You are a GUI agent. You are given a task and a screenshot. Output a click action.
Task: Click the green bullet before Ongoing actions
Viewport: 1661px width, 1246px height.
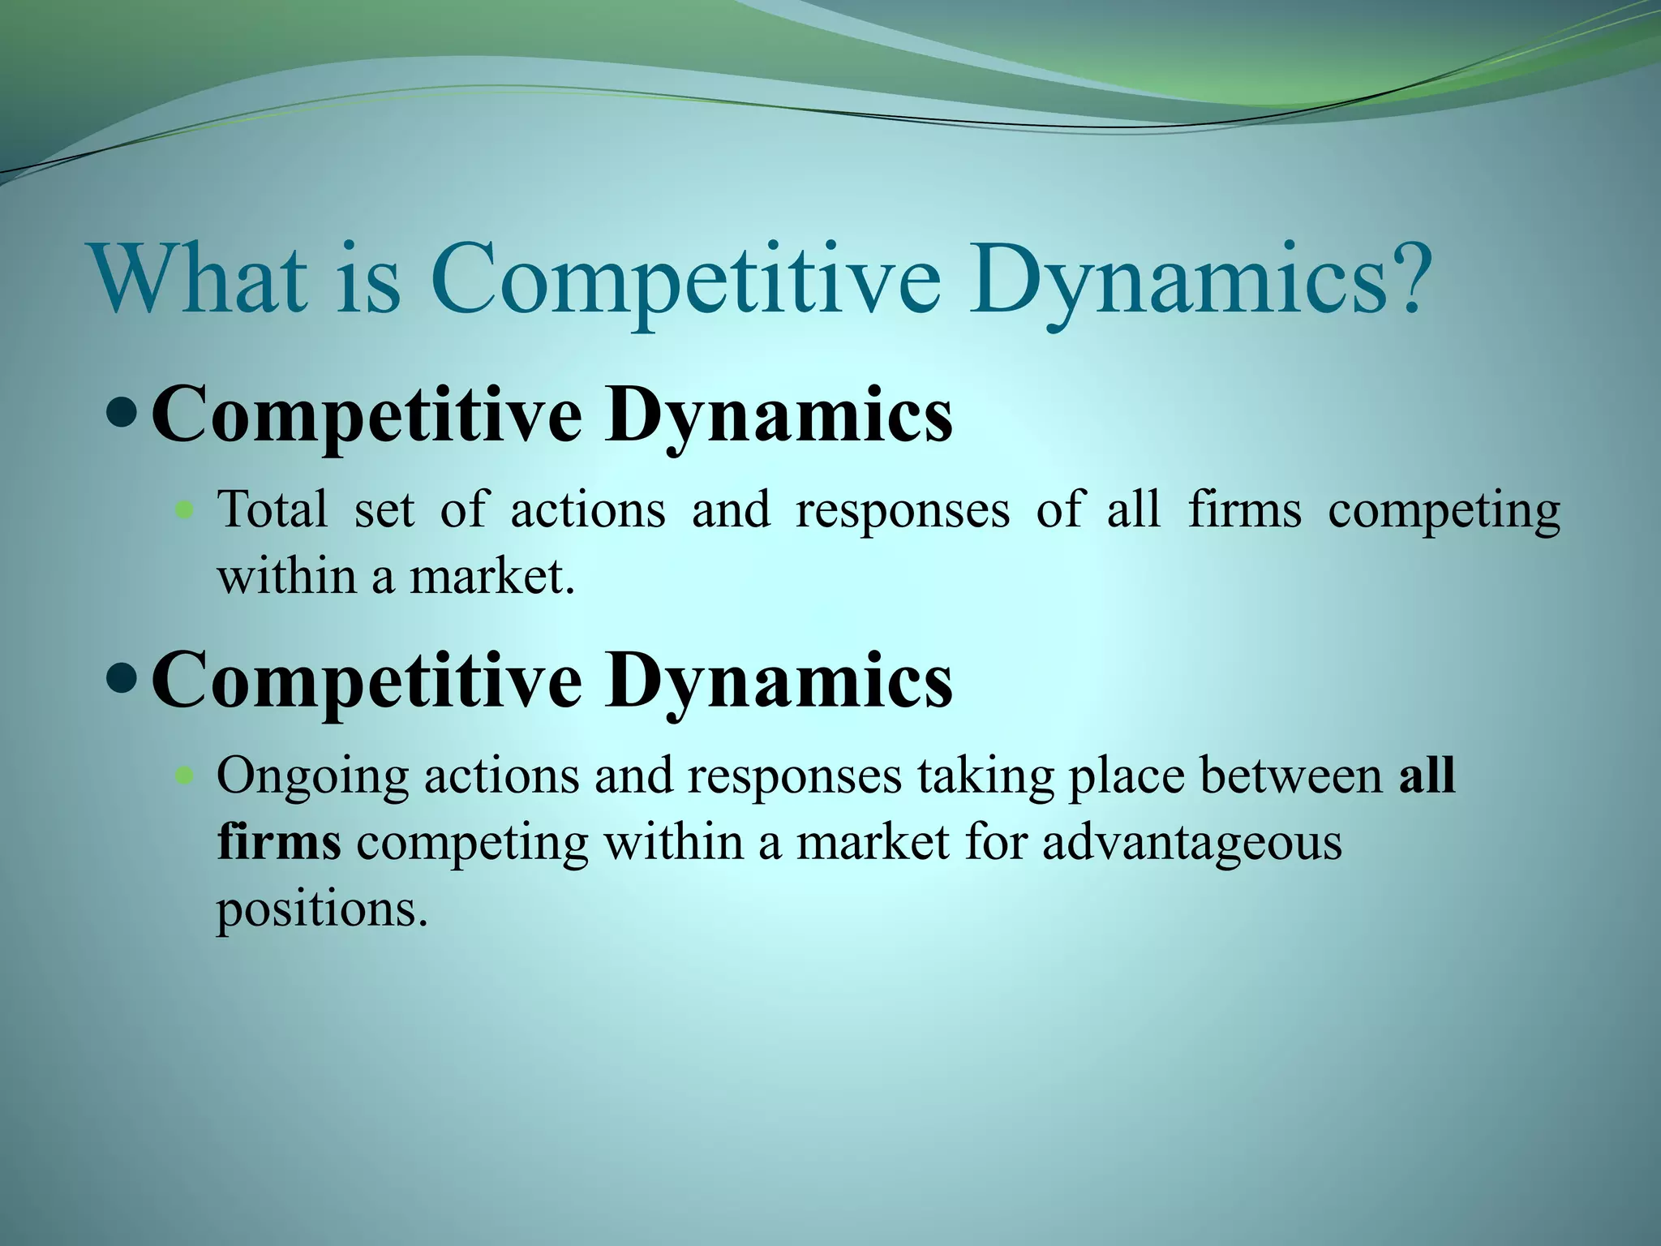[186, 776]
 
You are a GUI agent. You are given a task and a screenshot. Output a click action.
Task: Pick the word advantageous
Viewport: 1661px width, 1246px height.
[1191, 844]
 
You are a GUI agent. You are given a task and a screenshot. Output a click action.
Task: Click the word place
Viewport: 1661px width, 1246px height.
[1127, 777]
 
